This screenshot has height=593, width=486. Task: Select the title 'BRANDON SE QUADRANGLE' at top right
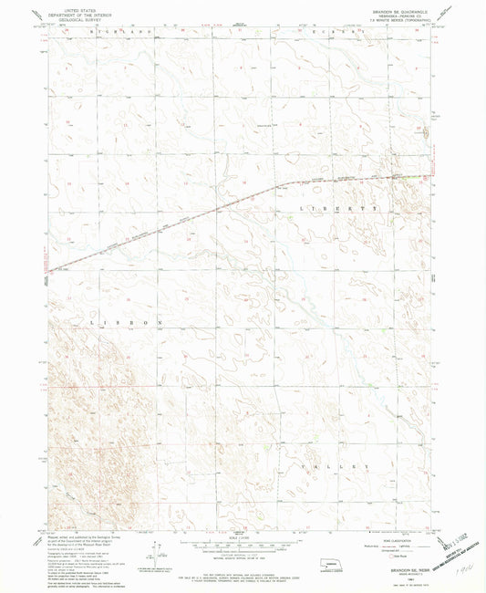(394, 7)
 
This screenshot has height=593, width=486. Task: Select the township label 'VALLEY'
(339, 465)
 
